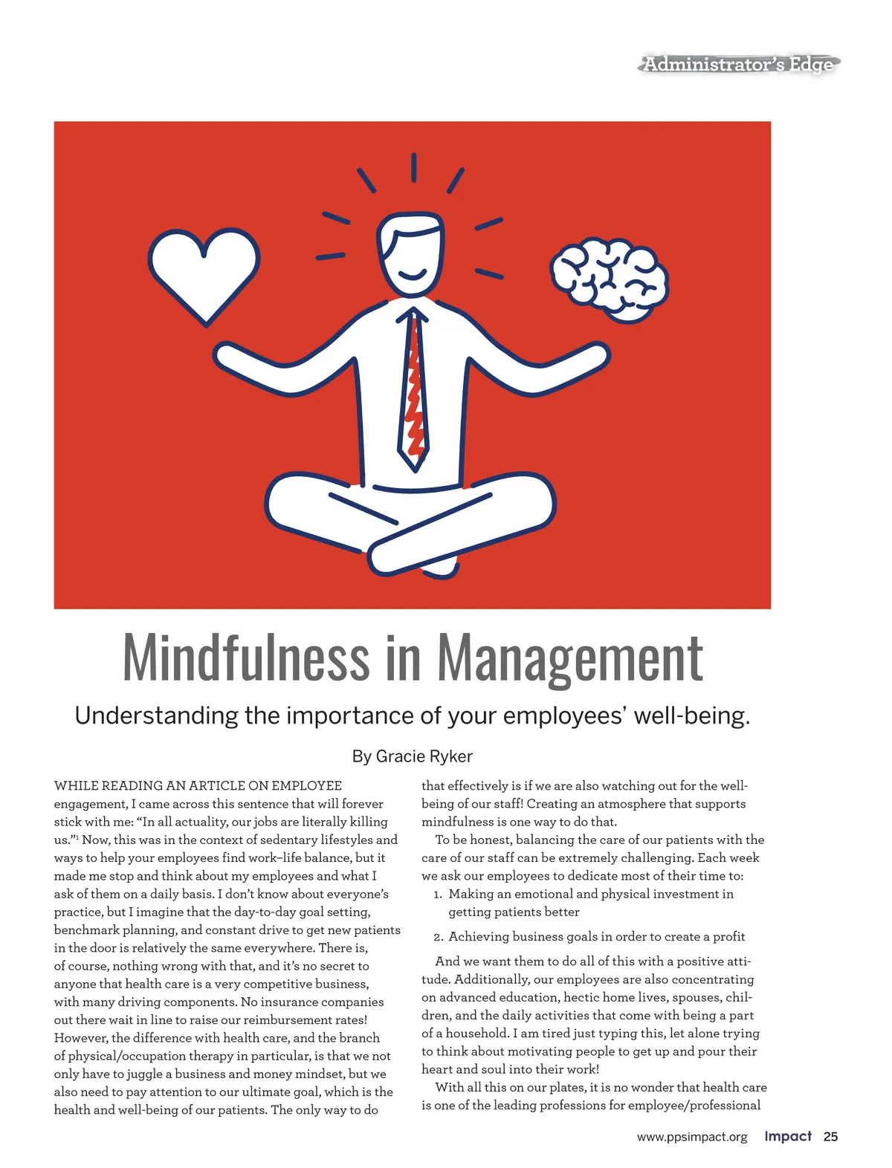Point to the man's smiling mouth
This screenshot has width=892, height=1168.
tap(413, 276)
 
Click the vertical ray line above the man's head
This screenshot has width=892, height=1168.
tap(413, 166)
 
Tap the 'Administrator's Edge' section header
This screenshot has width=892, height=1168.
tap(737, 65)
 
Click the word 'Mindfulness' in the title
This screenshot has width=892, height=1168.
tap(246, 658)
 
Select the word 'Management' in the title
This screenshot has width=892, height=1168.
tap(569, 658)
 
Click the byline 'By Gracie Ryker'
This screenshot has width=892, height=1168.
tap(412, 756)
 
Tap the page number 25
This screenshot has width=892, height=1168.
tap(830, 1137)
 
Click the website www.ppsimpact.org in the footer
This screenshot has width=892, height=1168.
tap(692, 1138)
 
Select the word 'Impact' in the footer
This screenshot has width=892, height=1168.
tap(788, 1137)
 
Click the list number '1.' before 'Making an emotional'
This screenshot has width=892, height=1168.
tap(439, 895)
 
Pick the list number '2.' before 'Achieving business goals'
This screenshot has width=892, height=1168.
tap(439, 938)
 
